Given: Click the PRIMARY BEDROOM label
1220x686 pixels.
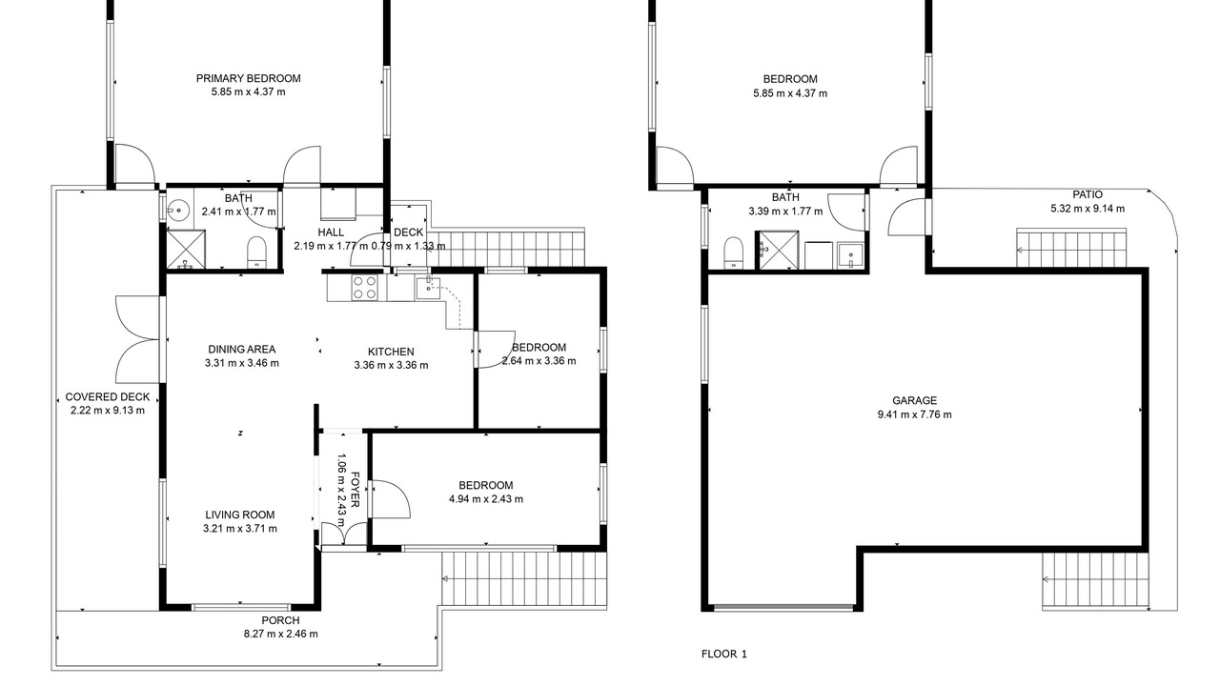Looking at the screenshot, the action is [x=249, y=78].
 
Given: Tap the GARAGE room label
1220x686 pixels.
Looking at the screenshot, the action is [x=914, y=401].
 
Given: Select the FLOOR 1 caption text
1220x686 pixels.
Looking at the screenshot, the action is [x=723, y=654].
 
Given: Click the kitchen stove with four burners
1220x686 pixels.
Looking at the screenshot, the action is [x=365, y=288].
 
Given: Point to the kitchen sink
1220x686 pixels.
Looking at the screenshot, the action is [x=428, y=288].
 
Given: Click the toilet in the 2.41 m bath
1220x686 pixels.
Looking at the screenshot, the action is [x=256, y=252].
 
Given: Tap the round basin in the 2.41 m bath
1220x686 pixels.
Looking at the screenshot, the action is [x=178, y=209].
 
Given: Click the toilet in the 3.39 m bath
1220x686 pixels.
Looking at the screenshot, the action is [x=734, y=252].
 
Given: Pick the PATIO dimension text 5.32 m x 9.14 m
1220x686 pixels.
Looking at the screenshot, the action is [x=1088, y=209].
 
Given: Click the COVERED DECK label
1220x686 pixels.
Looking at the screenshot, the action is [x=108, y=397].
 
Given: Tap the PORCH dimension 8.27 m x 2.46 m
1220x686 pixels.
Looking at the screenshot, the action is [x=281, y=634].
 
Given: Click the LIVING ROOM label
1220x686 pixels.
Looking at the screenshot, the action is [x=239, y=514].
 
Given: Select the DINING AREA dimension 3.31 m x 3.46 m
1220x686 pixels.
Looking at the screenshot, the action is [x=242, y=363].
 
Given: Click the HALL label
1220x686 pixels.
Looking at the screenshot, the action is [x=331, y=232].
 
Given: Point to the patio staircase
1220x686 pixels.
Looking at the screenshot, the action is [x=1071, y=248].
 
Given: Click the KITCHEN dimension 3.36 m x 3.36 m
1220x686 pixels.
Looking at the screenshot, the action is [x=391, y=365].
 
